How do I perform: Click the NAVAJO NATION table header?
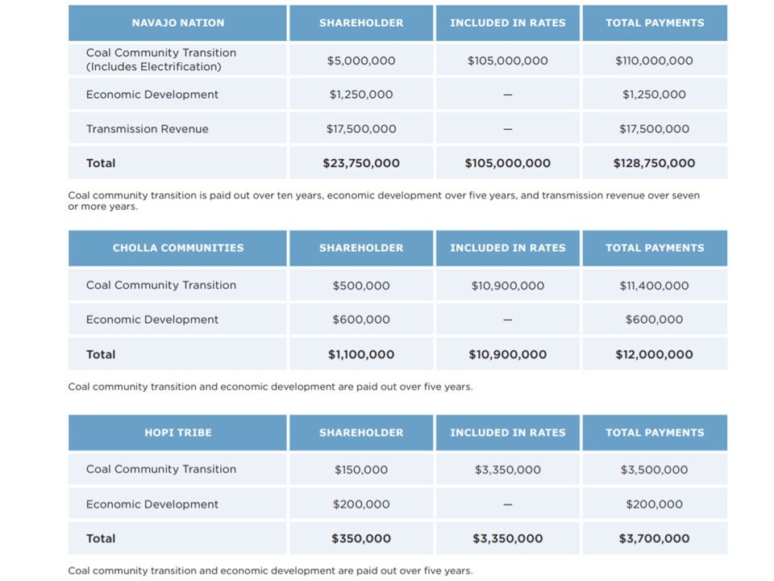point(177,23)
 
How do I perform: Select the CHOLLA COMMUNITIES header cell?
point(177,248)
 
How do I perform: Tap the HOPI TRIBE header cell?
point(177,433)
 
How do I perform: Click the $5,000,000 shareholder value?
point(361,61)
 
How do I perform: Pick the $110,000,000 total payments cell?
point(654,61)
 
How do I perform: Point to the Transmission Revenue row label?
point(147,129)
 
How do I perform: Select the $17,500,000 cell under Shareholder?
point(361,129)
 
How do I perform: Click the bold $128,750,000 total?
point(654,163)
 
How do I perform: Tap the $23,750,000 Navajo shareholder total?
point(361,163)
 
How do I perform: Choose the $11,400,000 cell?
point(654,286)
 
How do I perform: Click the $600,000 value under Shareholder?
point(361,320)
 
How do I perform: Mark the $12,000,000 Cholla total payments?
point(654,354)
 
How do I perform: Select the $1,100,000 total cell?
point(361,354)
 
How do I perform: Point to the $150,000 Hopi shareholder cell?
point(361,470)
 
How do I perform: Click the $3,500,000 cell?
point(654,470)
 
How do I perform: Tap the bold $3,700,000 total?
point(654,538)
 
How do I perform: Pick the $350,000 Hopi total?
point(361,538)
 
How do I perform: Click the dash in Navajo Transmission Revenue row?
point(507,129)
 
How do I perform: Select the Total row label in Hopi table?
point(101,538)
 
